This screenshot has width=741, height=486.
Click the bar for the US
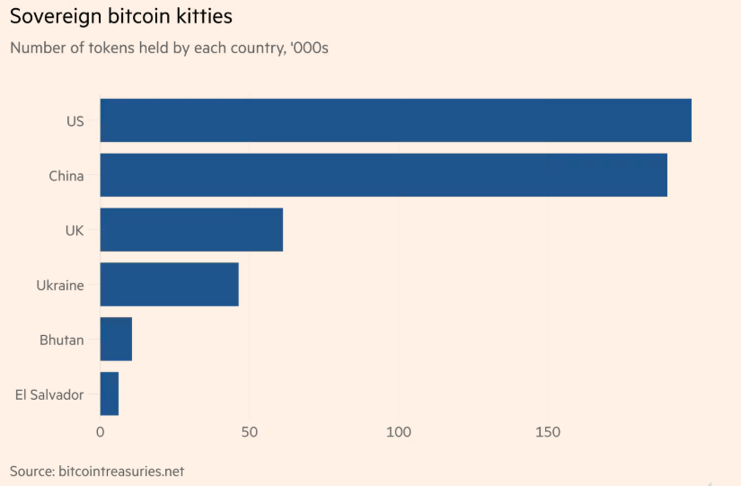tap(395, 120)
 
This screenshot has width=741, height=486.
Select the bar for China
tap(384, 175)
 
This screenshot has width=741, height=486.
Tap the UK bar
tap(191, 230)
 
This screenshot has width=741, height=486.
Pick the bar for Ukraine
tap(169, 285)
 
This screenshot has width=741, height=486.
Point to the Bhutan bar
tap(116, 340)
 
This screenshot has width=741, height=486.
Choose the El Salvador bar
tap(109, 394)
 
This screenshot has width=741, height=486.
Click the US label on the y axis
tap(75, 120)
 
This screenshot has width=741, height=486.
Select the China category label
tap(66, 176)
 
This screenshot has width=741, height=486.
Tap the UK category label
tap(74, 231)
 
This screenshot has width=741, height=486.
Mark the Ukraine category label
tap(59, 286)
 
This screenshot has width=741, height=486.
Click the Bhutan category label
tap(61, 340)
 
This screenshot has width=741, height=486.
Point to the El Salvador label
tap(49, 395)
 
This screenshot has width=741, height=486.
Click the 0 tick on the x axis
tap(100, 432)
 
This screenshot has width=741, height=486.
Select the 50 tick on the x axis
tap(249, 432)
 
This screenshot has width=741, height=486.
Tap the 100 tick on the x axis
tap(399, 432)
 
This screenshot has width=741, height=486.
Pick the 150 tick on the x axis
tap(548, 432)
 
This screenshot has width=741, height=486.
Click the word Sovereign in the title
tap(55, 17)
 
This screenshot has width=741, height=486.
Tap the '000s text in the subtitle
tap(304, 48)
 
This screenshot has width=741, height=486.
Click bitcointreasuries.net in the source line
tap(121, 471)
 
